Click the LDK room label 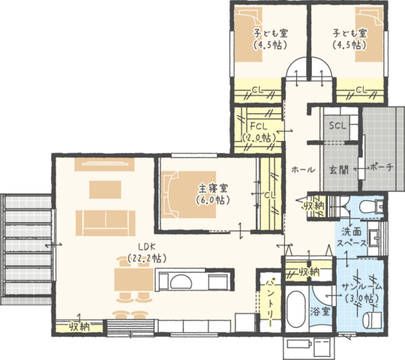(147, 247)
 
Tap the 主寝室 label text (213, 188)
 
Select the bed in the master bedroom (188, 195)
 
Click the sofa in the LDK (106, 223)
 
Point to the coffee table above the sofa (105, 190)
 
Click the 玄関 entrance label (339, 170)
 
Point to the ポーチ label (382, 167)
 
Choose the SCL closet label (337, 126)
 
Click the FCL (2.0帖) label (259, 132)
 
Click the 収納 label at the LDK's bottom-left (79, 327)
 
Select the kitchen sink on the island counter (181, 281)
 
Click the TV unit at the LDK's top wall (104, 164)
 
